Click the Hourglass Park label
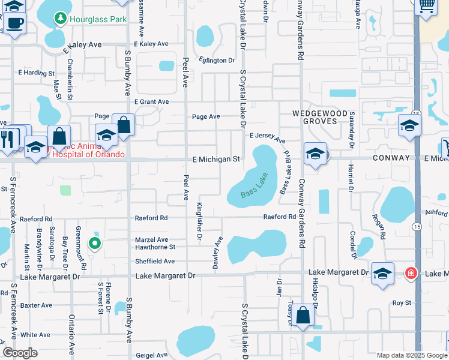pos(98,19)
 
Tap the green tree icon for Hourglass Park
pos(60,19)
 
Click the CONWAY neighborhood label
pos(390,158)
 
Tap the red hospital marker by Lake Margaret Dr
pos(411,273)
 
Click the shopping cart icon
pos(426,6)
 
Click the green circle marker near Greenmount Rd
pos(94,243)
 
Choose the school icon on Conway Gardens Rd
pos(315,154)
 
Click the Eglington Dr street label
pos(217,61)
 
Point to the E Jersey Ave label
pos(267,137)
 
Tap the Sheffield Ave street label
pos(155,261)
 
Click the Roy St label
pos(402,303)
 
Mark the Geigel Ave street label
pos(151,355)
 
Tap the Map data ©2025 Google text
pos(411,355)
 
